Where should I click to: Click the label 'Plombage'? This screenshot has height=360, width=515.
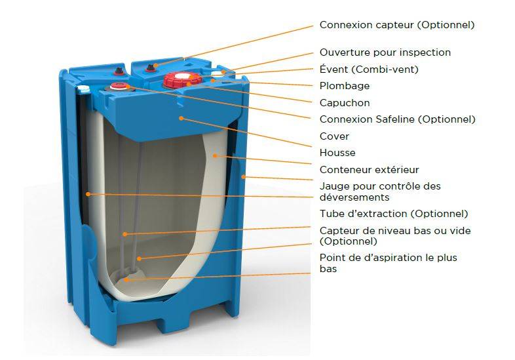(x=345, y=86)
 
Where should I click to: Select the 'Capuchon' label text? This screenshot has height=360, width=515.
(x=345, y=103)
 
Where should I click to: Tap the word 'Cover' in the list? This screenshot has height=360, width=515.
(x=334, y=136)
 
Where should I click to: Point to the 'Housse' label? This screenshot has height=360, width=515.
(x=337, y=153)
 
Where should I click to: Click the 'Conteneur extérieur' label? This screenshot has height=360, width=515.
(x=369, y=170)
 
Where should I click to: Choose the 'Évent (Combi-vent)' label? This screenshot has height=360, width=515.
(x=369, y=70)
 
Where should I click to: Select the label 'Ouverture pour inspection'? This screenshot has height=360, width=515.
(x=385, y=52)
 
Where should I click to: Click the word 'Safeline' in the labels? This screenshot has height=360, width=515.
(x=395, y=119)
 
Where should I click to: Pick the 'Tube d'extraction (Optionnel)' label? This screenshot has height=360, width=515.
(x=394, y=214)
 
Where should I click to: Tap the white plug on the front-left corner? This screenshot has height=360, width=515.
(x=83, y=88)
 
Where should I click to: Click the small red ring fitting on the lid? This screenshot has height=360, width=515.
(x=117, y=87)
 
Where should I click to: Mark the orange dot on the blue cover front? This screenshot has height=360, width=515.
(x=181, y=117)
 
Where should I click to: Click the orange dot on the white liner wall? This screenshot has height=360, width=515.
(x=215, y=155)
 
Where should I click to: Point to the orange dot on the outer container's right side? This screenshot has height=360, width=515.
(x=243, y=177)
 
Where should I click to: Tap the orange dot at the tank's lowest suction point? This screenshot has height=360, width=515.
(x=125, y=280)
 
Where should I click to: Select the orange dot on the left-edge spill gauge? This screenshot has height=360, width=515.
(x=88, y=194)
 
